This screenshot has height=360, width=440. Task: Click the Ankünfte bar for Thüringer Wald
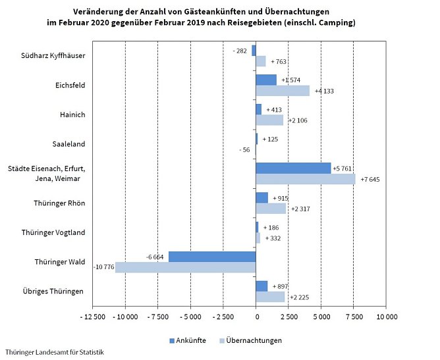coord(212,257)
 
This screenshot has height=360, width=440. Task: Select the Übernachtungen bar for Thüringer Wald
coord(185,267)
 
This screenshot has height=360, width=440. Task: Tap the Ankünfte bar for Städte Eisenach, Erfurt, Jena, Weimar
coord(293,168)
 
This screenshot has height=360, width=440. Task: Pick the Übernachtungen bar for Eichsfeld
coord(283,91)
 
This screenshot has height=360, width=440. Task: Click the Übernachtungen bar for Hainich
coord(269,120)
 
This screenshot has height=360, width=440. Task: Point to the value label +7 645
coord(368,180)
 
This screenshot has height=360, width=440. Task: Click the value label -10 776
coord(104,267)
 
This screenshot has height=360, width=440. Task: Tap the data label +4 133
coord(323,91)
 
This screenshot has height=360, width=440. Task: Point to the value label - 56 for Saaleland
coord(244,150)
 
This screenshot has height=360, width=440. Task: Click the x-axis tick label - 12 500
coord(93,317)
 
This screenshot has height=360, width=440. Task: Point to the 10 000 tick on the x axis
coord(387,317)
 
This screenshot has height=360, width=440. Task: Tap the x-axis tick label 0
coord(256,317)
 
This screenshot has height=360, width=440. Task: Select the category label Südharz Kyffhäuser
coord(57,55)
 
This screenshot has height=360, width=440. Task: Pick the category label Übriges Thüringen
coord(57,292)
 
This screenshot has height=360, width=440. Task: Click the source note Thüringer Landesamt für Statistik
coord(54,352)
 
